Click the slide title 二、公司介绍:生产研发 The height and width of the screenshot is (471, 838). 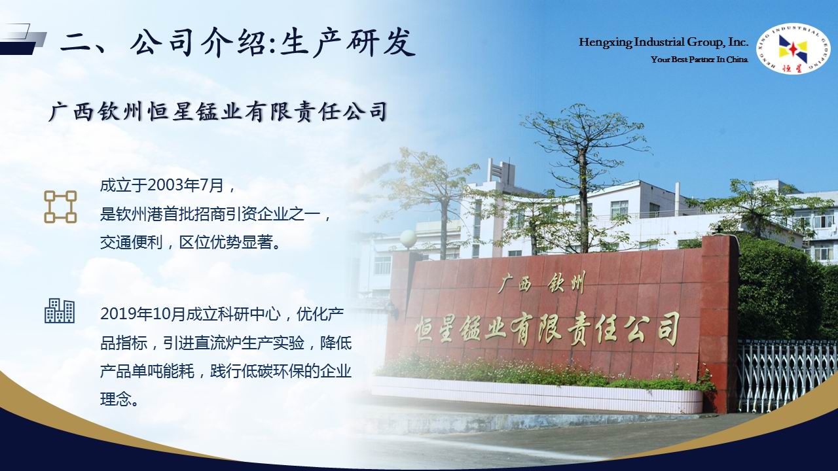238,43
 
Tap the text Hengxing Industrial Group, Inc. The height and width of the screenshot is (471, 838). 663,43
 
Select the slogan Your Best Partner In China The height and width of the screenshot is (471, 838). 699,60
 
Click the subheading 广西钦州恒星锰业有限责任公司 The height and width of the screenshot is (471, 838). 218,111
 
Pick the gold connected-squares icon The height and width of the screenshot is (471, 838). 60,207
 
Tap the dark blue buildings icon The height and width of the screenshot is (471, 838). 60,311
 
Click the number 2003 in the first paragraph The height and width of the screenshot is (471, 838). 164,186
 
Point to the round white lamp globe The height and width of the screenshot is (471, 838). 408,237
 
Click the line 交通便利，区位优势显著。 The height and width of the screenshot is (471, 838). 191,243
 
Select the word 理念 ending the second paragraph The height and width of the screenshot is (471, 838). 116,399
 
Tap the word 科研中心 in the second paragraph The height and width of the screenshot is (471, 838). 249,315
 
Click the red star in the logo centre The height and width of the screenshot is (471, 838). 792,49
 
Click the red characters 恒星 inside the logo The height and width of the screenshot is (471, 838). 793,68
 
